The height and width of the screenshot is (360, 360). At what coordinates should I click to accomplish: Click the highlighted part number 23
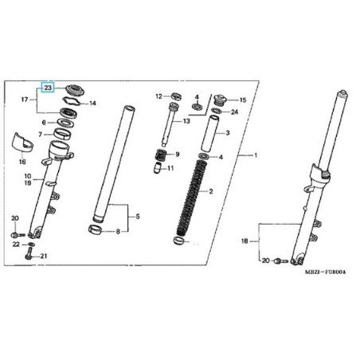[x=48, y=88]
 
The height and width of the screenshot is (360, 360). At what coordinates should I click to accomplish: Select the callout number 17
[x=25, y=100]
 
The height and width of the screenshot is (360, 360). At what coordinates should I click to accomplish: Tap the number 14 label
[x=92, y=104]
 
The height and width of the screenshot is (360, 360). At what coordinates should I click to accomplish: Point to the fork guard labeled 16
[x=23, y=143]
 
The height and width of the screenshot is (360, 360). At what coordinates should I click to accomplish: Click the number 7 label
[x=40, y=135]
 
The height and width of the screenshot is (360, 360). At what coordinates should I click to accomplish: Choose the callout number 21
[x=44, y=256]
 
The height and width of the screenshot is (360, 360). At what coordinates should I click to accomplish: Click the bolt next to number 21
[x=29, y=253]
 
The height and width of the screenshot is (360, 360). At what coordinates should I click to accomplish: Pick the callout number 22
[x=16, y=244]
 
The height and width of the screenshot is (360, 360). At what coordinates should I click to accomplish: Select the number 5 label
[x=138, y=217]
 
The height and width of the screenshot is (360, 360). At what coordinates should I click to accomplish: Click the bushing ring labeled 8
[x=95, y=230]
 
